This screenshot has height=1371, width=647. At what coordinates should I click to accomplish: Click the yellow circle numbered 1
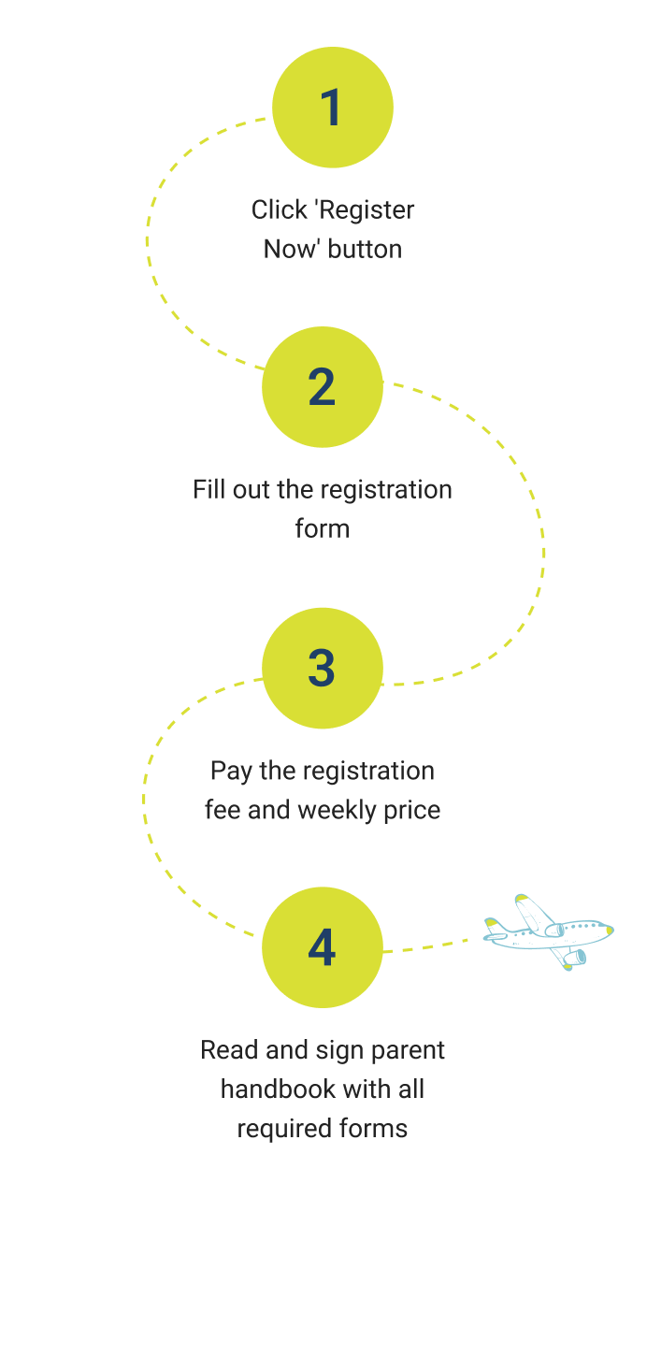coord(333,108)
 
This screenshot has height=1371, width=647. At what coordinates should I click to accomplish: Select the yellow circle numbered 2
coord(323,387)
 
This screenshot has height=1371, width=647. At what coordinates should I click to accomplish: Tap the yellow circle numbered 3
coord(323,668)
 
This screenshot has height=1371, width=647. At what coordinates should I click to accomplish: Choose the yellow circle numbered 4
coord(323,947)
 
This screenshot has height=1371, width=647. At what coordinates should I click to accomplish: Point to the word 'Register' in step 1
coord(366,210)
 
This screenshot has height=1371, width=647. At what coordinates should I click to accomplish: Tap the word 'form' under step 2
coord(323,528)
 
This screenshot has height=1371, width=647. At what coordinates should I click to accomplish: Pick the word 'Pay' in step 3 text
coord(229,771)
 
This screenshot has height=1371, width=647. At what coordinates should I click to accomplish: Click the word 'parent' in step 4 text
coord(409,1050)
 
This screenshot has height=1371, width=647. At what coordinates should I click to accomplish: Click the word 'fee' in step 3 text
coord(223,809)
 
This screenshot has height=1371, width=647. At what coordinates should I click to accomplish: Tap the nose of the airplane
coord(609,931)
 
